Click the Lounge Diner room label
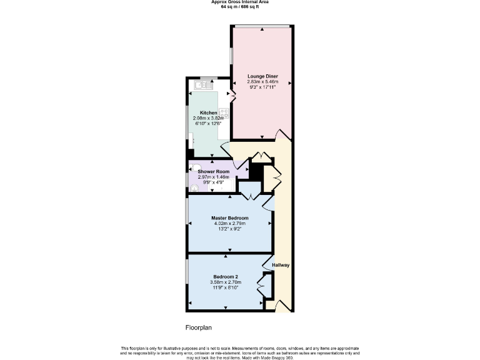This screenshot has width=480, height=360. [262, 76]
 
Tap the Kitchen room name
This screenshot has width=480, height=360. [209, 113]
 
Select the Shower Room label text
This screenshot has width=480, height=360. [213, 171]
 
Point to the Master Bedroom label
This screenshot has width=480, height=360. [229, 217]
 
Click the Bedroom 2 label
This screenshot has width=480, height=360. [225, 277]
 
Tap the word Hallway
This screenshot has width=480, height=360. [281, 265]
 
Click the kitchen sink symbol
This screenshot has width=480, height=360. [203, 84]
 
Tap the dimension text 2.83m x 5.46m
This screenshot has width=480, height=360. [262, 82]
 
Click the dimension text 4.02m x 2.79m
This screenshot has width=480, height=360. [229, 223]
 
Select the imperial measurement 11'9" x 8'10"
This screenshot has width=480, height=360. [225, 288]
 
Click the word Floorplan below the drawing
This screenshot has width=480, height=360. [199, 327]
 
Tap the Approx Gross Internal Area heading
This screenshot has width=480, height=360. [239, 2]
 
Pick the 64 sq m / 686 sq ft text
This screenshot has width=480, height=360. [239, 6]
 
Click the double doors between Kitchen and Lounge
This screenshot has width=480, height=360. [232, 96]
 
